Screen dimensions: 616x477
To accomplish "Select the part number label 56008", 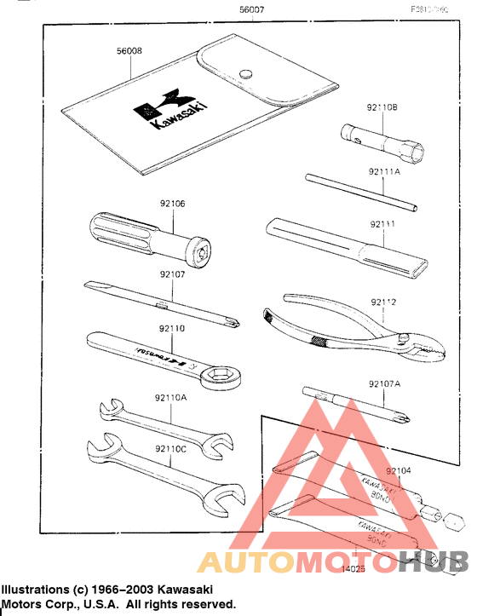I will coord(129,52).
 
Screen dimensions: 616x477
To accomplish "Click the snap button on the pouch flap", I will coord(246,73).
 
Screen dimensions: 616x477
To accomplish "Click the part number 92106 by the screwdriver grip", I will coord(172,204).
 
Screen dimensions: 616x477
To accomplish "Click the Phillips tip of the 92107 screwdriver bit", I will coord(232,321).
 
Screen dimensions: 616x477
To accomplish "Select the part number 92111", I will coord(382,224).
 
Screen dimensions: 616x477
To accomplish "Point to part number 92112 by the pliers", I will coord(383,302).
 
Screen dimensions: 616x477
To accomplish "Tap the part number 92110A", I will coord(171,397).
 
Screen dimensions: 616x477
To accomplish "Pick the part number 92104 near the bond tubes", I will coord(398,470).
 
